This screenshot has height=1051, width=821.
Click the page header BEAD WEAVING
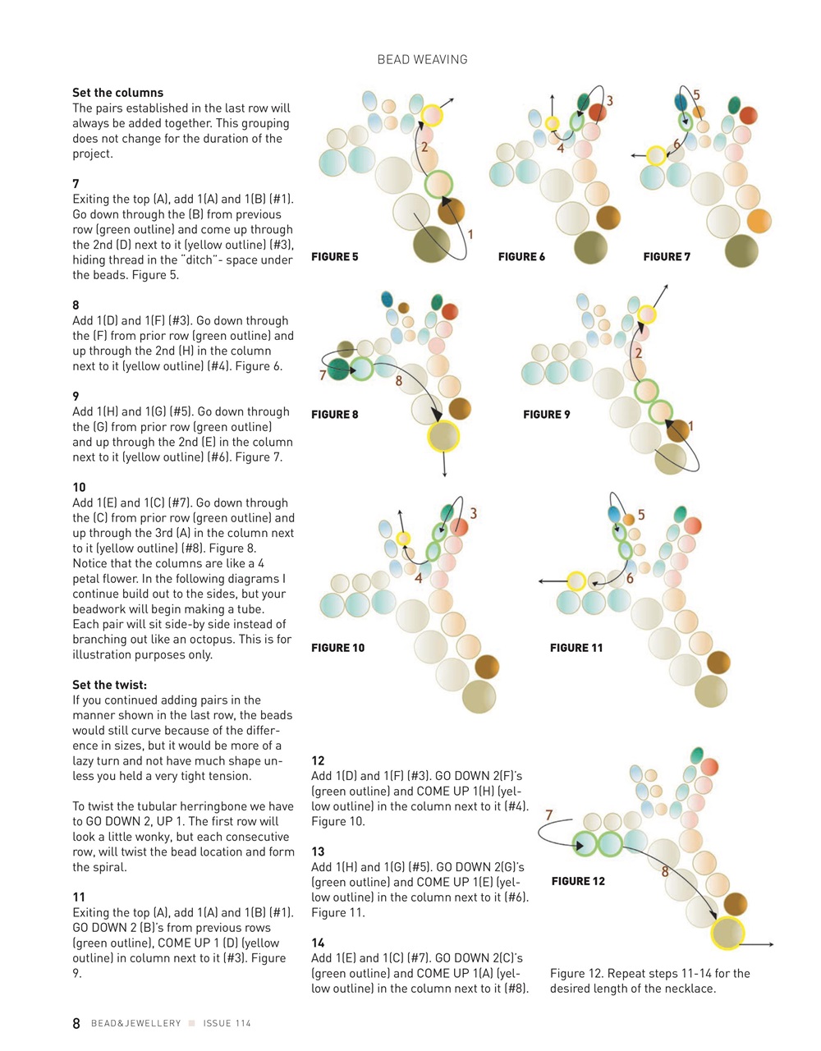422,59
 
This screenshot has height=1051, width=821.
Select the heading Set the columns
117,93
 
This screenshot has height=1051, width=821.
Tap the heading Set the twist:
109,685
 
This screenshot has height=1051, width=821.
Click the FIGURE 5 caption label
334,257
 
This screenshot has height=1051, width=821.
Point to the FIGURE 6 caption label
521,257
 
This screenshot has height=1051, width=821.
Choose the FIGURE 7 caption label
667,257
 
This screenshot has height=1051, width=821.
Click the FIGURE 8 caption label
334,415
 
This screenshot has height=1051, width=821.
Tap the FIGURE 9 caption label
546,415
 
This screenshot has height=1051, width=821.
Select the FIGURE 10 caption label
337,648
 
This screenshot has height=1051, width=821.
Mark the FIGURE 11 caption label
576,648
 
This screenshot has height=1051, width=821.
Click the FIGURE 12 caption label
578,881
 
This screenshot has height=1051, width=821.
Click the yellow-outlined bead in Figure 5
432,115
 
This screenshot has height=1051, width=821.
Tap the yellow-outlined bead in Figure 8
443,436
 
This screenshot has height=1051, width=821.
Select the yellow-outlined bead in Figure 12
727,934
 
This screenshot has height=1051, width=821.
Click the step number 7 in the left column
76,184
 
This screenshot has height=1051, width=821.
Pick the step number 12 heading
318,761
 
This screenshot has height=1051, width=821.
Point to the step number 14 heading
318,943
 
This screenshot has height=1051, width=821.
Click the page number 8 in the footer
76,1023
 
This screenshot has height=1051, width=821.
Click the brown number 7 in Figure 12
548,815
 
